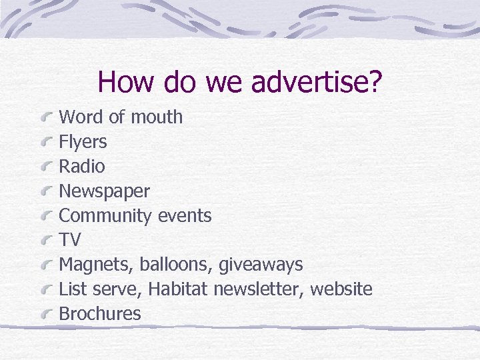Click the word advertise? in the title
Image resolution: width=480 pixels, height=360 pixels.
317,83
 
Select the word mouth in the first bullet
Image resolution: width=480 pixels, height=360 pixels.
157,117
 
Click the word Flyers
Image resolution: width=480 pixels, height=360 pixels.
83,142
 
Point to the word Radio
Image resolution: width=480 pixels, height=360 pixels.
82,167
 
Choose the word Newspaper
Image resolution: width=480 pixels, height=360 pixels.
105,191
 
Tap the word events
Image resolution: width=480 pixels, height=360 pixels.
185,216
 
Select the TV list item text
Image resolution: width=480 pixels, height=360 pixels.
70,240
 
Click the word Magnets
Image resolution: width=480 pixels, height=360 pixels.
97,265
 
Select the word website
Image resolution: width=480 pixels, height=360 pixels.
341,289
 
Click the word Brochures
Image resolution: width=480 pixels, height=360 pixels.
100,314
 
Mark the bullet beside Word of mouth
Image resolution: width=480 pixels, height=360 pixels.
47,118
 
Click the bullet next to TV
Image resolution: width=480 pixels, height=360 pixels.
47,241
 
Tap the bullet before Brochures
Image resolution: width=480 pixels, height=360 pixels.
47,315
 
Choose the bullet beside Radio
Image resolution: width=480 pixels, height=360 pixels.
47,167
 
